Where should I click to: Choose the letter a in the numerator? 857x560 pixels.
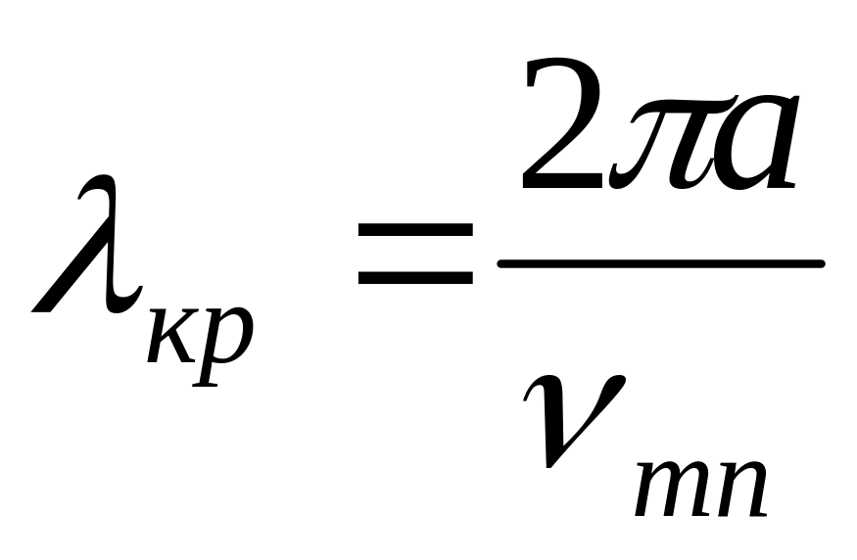tap(749, 142)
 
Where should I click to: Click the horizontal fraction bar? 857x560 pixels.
tap(660, 262)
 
